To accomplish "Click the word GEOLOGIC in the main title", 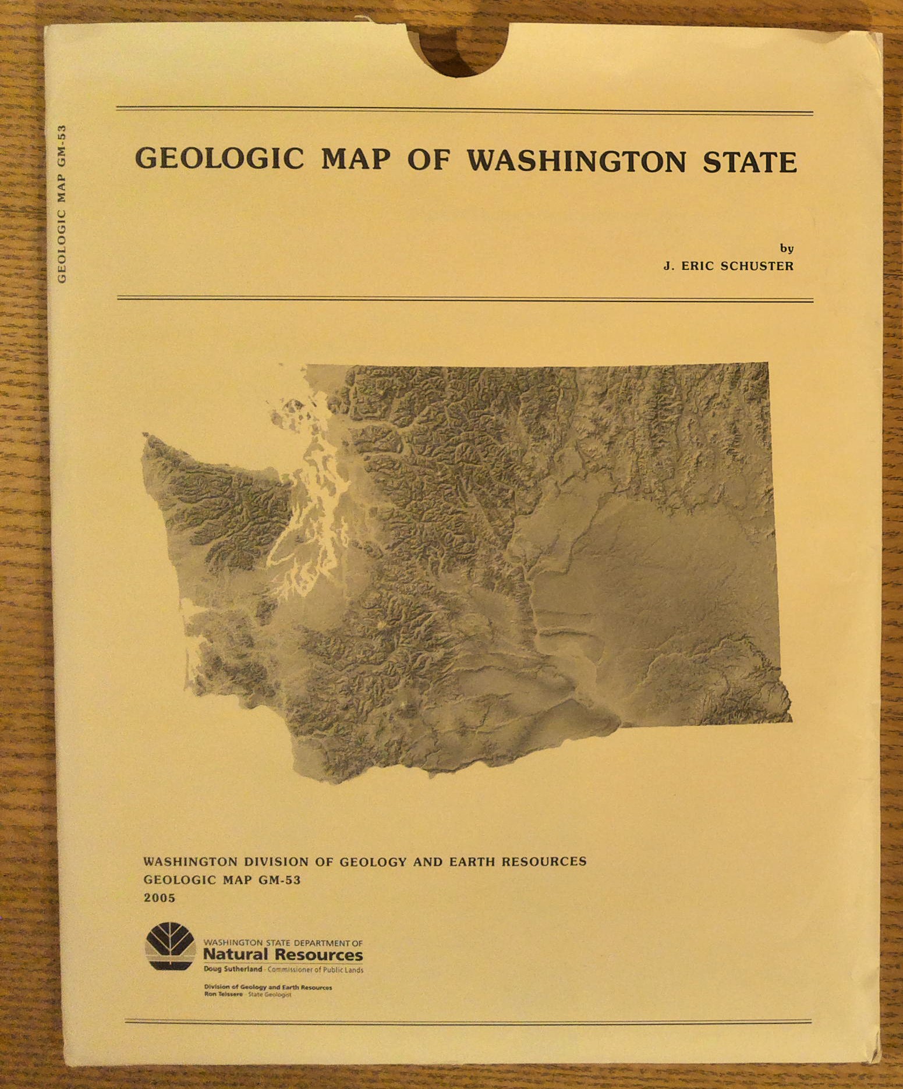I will pyautogui.click(x=219, y=158).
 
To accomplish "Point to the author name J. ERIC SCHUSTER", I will pyautogui.click(x=728, y=266).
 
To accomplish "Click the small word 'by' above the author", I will pyautogui.click(x=787, y=249).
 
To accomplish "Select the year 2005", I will pyautogui.click(x=160, y=898).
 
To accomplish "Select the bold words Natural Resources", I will pyautogui.click(x=283, y=955).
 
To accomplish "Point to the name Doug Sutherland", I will pyautogui.click(x=233, y=969).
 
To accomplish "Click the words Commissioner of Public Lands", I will pyautogui.click(x=315, y=970).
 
